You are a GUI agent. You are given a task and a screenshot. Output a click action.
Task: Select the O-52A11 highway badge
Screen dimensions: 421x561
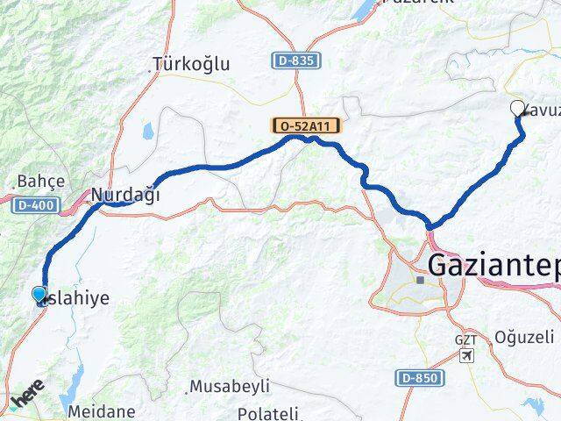click(x=307, y=127)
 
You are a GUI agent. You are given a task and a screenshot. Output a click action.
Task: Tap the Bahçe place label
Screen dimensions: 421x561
click(x=40, y=182)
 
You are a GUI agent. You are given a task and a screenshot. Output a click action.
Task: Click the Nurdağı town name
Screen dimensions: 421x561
click(x=126, y=195)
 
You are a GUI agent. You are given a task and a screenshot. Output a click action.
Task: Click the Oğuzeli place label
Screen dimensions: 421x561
click(x=524, y=337)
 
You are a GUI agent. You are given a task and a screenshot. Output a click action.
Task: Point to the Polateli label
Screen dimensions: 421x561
click(x=269, y=413)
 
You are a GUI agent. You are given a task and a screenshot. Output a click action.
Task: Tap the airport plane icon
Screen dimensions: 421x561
click(x=467, y=355)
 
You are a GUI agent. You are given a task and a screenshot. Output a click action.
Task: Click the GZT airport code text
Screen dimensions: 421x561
click(x=466, y=339)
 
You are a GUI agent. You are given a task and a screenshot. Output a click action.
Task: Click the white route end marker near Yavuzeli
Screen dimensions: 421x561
click(x=517, y=109)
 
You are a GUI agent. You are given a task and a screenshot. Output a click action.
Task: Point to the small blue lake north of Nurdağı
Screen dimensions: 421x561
click(x=147, y=132)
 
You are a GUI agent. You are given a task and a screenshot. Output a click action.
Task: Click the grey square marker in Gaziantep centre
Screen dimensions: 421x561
click(x=421, y=281)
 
